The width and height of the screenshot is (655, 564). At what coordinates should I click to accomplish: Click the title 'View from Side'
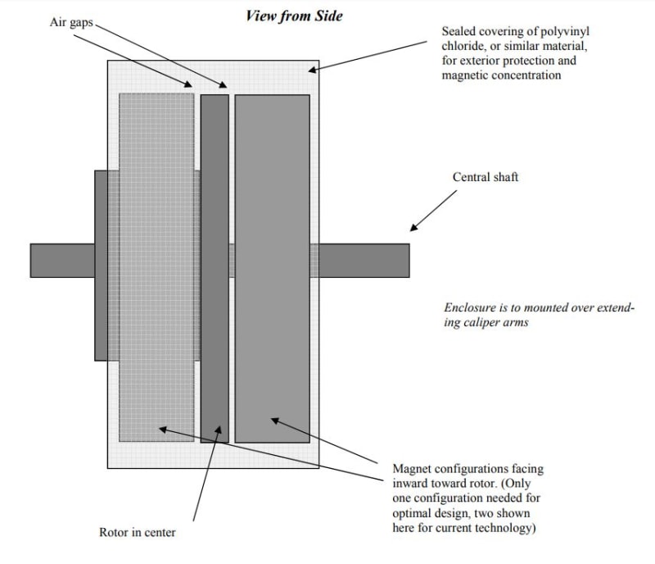point(294,15)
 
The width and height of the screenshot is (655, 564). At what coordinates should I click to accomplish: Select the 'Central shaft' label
point(486,177)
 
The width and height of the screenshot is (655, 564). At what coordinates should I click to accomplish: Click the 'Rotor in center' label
point(137,533)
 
